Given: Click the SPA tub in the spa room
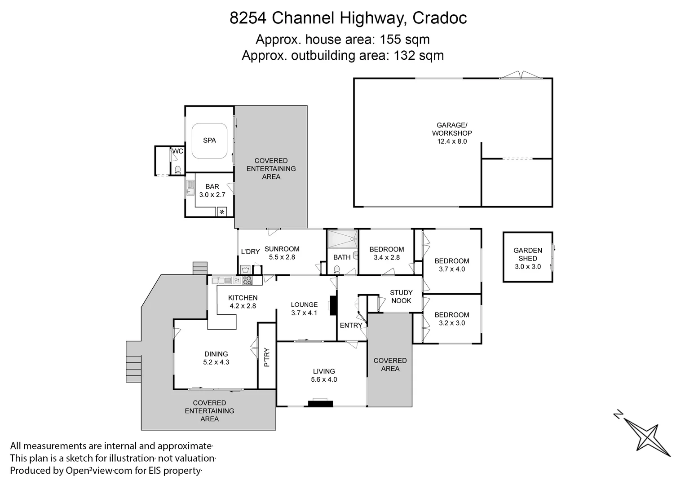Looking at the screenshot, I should click(209, 141).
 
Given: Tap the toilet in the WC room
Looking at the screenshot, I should click(177, 169).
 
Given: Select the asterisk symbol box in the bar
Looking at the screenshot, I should click(222, 212).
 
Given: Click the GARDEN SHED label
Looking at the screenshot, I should click(527, 254).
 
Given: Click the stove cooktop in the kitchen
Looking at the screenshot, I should click(247, 281).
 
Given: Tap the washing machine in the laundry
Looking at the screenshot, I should click(245, 269).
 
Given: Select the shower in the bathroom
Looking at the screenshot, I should click(342, 239).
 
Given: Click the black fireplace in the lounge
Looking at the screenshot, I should click(333, 305).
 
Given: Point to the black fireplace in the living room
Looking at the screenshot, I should click(320, 404).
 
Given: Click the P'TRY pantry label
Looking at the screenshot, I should click(267, 357).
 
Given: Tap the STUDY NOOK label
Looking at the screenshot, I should click(401, 296).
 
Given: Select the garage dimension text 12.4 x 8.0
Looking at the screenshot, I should click(452, 141).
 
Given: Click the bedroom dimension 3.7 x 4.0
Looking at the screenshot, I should click(452, 269).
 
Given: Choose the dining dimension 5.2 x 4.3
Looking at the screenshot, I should click(216, 362).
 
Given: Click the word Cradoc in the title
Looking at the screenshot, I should click(439, 18).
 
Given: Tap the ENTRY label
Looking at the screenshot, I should click(351, 325).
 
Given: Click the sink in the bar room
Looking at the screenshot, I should click(190, 188).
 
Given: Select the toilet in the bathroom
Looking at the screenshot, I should click(337, 270).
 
